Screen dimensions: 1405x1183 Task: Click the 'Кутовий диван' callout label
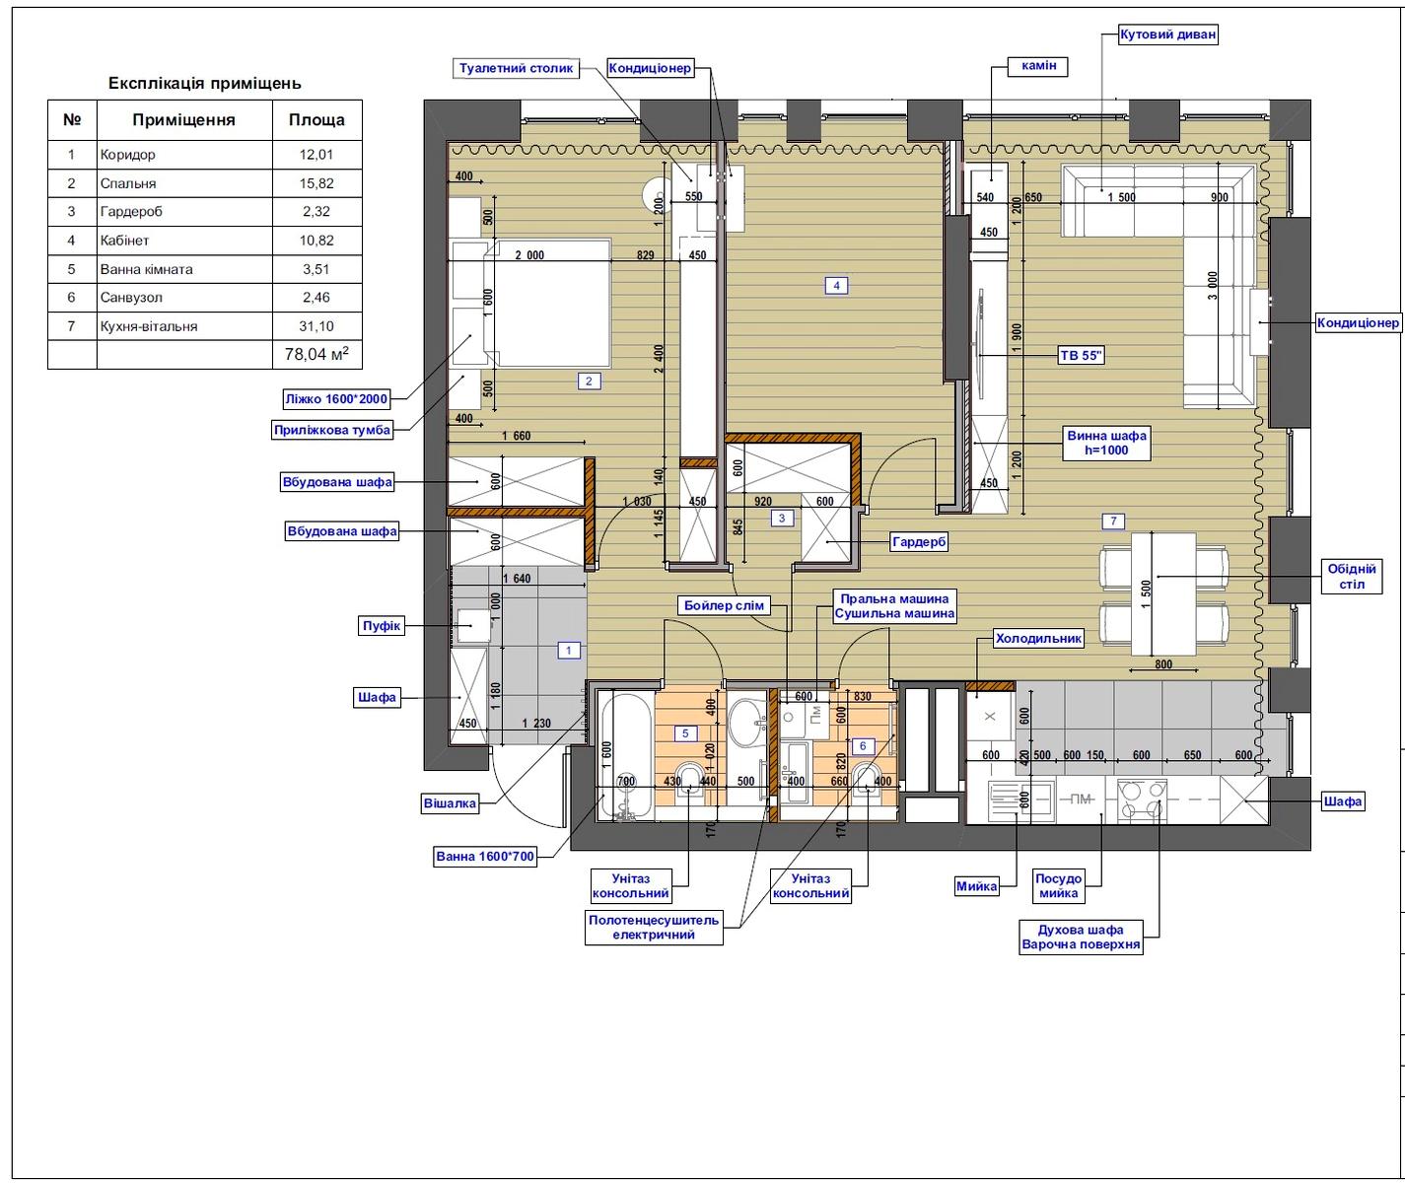[1168, 35]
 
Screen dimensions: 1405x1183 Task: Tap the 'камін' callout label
[1038, 66]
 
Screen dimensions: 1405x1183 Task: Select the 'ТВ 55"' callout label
[1082, 355]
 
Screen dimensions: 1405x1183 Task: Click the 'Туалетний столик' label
[516, 68]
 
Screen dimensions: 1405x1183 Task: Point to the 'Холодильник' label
[1038, 638]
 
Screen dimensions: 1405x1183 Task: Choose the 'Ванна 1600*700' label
[485, 857]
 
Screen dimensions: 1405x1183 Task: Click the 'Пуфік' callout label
[382, 626]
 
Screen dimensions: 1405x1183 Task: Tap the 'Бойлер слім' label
[724, 605]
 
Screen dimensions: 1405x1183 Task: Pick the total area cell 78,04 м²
[316, 354]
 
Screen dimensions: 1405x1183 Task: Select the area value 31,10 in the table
[316, 326]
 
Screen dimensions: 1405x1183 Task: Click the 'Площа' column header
[316, 120]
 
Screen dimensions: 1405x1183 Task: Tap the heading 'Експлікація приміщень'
[204, 84]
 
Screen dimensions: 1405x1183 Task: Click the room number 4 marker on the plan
[836, 285]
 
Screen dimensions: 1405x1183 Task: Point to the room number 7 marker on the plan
[1113, 521]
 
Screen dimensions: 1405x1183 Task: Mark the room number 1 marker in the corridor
[569, 650]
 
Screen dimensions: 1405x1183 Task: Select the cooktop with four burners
[1141, 800]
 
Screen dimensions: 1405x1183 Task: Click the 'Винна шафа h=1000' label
[1106, 443]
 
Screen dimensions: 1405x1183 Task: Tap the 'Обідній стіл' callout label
[1352, 577]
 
